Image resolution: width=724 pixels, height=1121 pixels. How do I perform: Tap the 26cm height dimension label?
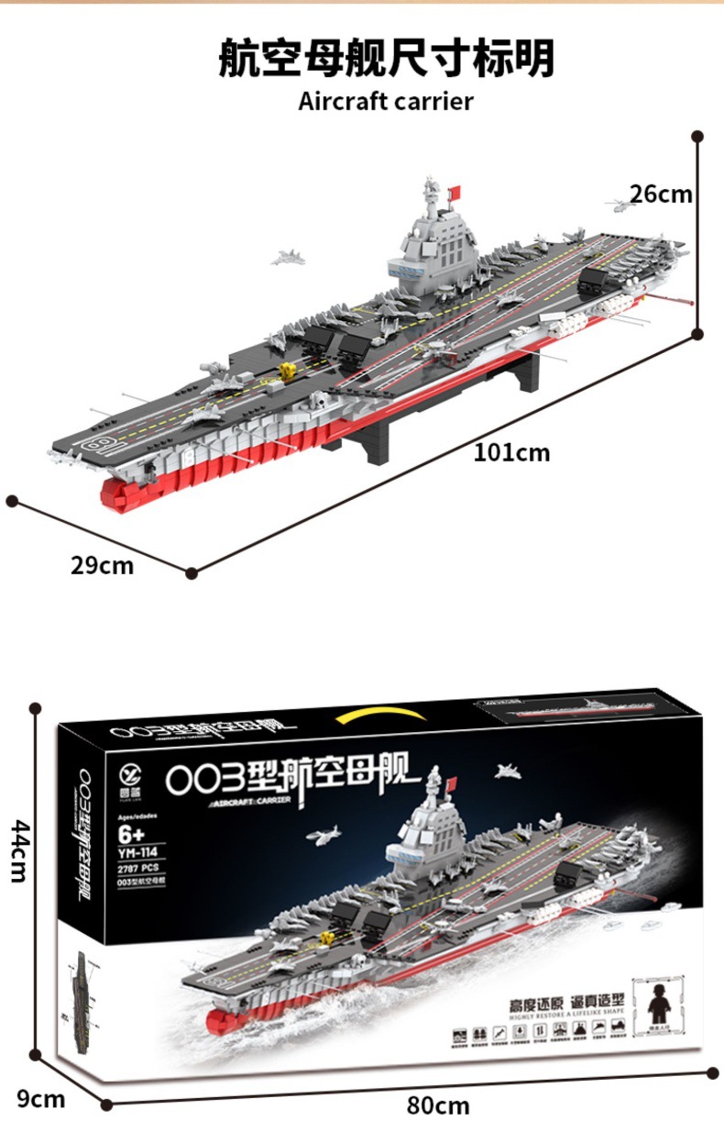[660, 194]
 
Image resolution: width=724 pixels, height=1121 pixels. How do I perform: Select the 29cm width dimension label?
[102, 566]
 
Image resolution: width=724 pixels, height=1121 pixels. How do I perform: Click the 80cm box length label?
[438, 1105]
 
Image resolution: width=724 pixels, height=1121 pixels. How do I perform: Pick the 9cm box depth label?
[41, 1098]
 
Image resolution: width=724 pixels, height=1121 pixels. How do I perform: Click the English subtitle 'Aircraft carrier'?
[385, 101]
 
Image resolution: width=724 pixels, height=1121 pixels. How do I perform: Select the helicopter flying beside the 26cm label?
[618, 206]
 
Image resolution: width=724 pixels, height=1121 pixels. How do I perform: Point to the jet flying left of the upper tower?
[288, 258]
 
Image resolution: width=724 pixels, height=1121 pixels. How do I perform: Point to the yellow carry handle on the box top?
[382, 716]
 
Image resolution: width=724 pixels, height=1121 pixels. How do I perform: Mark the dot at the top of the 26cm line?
[697, 136]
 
